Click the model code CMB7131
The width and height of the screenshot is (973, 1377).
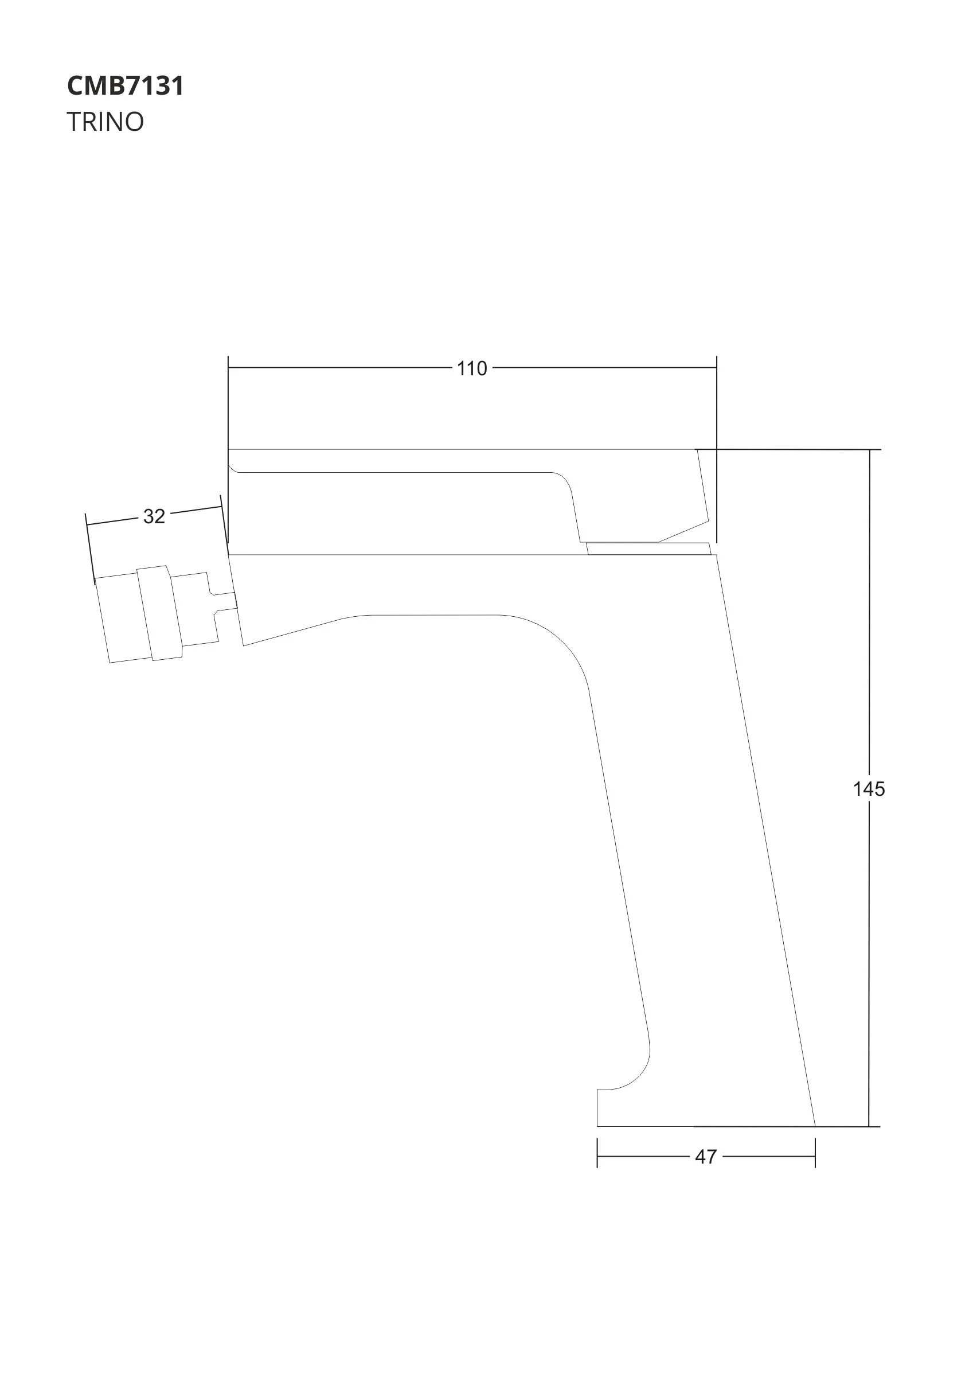pos(126,85)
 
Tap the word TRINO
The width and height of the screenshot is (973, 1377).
pos(105,122)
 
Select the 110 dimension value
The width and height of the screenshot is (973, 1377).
pos(472,369)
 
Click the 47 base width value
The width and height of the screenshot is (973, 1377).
pos(706,1157)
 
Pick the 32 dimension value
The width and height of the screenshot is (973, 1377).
pos(154,516)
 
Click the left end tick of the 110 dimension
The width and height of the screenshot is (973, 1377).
pos(228,368)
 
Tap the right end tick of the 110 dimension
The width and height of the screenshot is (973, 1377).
pos(716,368)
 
